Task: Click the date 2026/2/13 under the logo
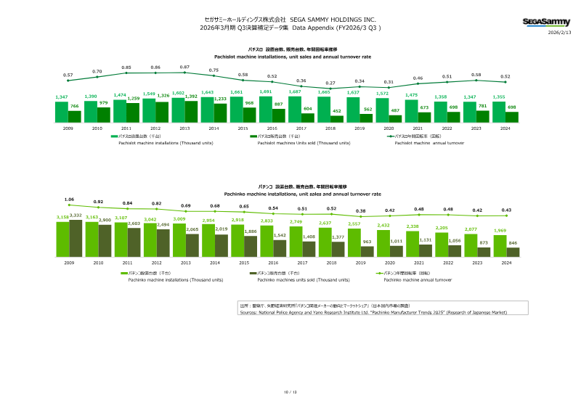(559, 33)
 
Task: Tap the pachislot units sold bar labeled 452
(337, 118)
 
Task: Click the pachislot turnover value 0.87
(184, 66)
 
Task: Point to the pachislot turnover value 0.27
(330, 83)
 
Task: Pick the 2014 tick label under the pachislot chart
(214, 128)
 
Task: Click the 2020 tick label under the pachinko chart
(390, 263)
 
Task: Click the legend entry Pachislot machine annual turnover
(429, 143)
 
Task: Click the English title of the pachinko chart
(290, 194)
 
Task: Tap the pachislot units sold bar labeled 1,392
(191, 111)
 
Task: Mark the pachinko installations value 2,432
(383, 205)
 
